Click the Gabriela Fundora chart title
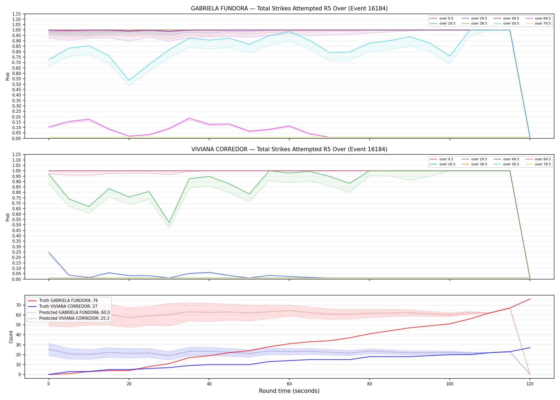coord(289,9)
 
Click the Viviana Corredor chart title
coord(289,149)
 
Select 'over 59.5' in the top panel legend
coord(511,23)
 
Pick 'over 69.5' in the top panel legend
coord(543,18)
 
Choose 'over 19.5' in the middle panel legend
coord(447,164)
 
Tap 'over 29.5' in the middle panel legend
coord(479,159)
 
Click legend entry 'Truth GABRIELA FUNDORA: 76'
coord(69,301)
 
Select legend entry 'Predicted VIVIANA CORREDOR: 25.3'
coord(74,318)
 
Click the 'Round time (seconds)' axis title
coord(289,391)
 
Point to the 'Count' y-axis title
coord(11,337)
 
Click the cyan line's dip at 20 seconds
coord(129,80)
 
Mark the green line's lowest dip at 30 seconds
coord(169,223)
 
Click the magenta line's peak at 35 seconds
coord(189,118)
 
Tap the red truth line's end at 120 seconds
coord(530,299)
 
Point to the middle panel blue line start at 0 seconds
coord(49,252)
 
